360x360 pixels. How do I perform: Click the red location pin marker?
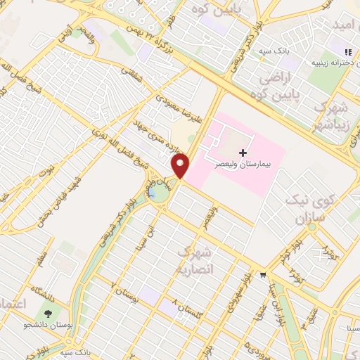(181, 167)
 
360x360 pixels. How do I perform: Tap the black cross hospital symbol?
(243, 153)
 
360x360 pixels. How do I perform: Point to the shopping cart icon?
(262, 274)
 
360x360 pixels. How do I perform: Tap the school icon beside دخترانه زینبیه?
(347, 52)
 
